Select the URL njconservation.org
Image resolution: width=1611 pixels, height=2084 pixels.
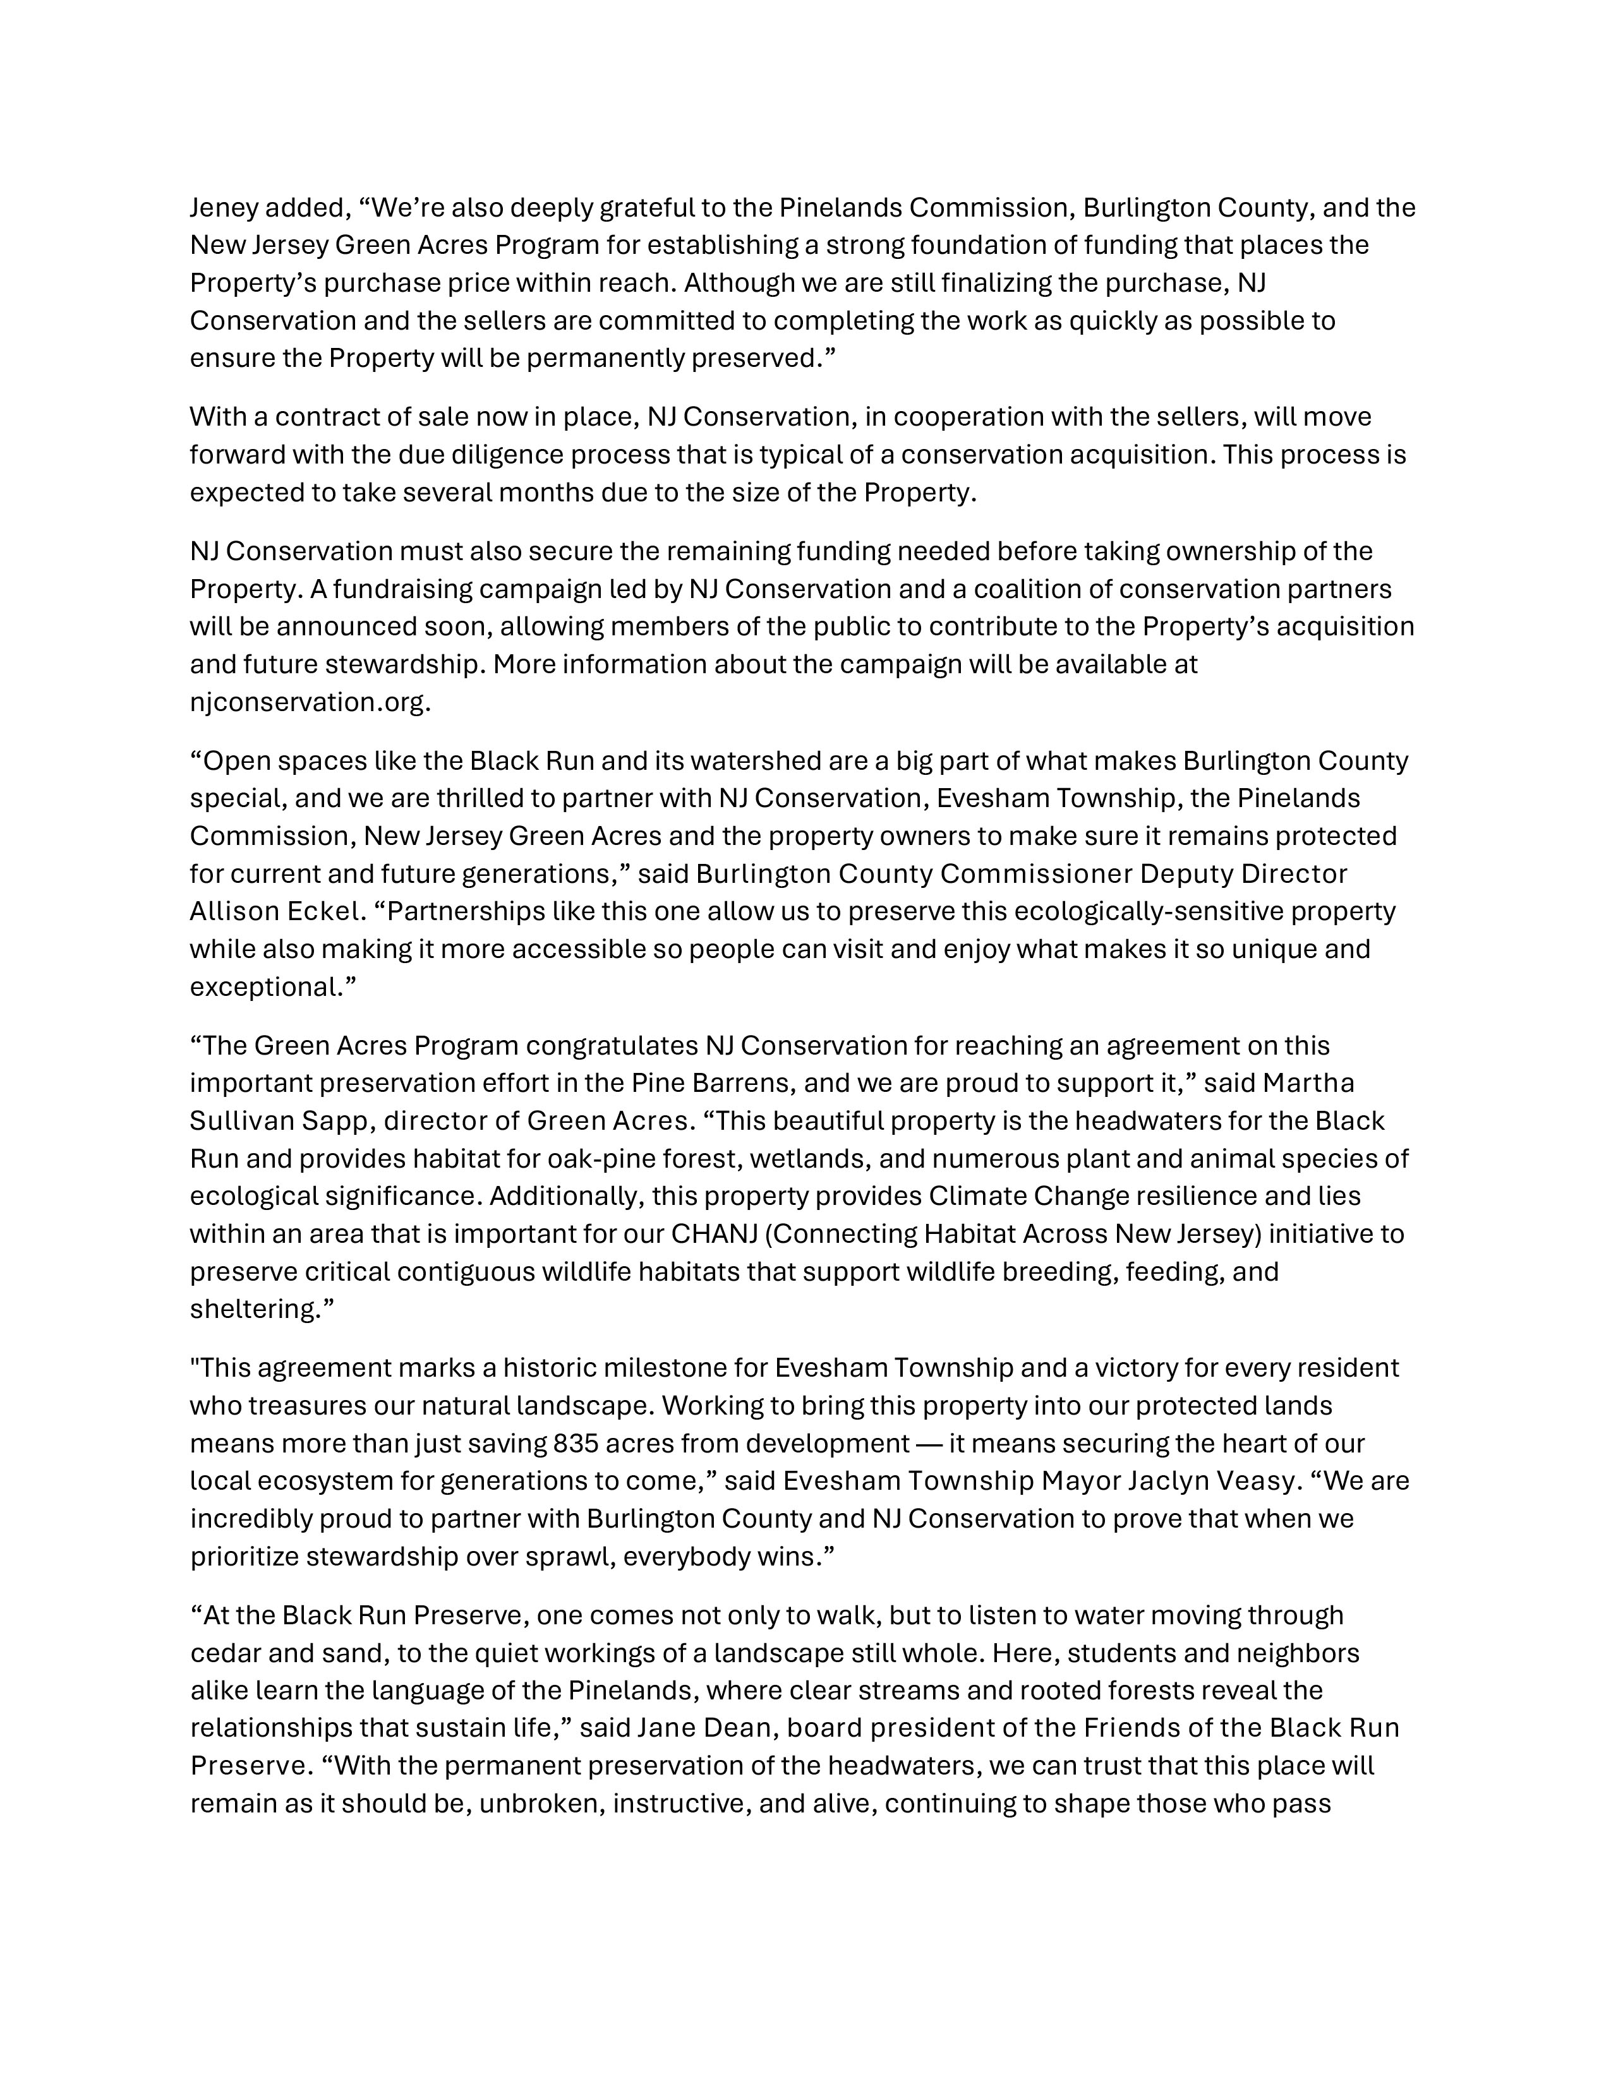coord(309,702)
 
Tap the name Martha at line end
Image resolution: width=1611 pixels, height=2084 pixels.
coord(1308,1083)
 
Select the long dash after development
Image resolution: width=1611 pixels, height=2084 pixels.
coord(929,1444)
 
